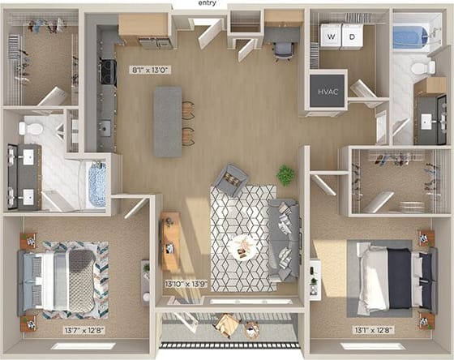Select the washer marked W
[331, 36]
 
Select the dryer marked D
[351, 36]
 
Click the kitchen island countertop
[168, 121]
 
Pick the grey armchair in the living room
[231, 179]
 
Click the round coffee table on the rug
[241, 246]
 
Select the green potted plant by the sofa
[285, 174]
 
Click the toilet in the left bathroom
[33, 128]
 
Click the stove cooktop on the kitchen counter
[108, 72]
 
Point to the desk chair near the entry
[283, 49]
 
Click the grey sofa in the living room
[285, 240]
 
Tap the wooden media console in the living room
[170, 241]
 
